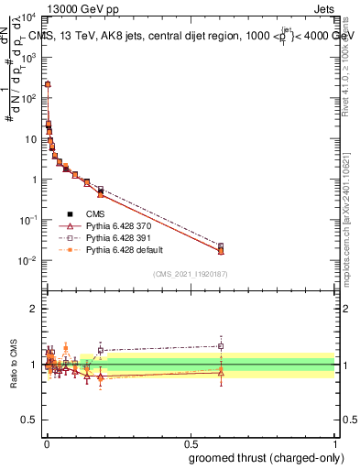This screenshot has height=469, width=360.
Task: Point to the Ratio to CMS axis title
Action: point(13,364)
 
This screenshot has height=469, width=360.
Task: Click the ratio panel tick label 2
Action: point(36,309)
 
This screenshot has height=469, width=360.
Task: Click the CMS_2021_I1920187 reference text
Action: point(190,274)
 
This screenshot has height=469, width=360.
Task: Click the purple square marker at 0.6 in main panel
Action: point(220,245)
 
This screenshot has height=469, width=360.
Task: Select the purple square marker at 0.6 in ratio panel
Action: point(220,345)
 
